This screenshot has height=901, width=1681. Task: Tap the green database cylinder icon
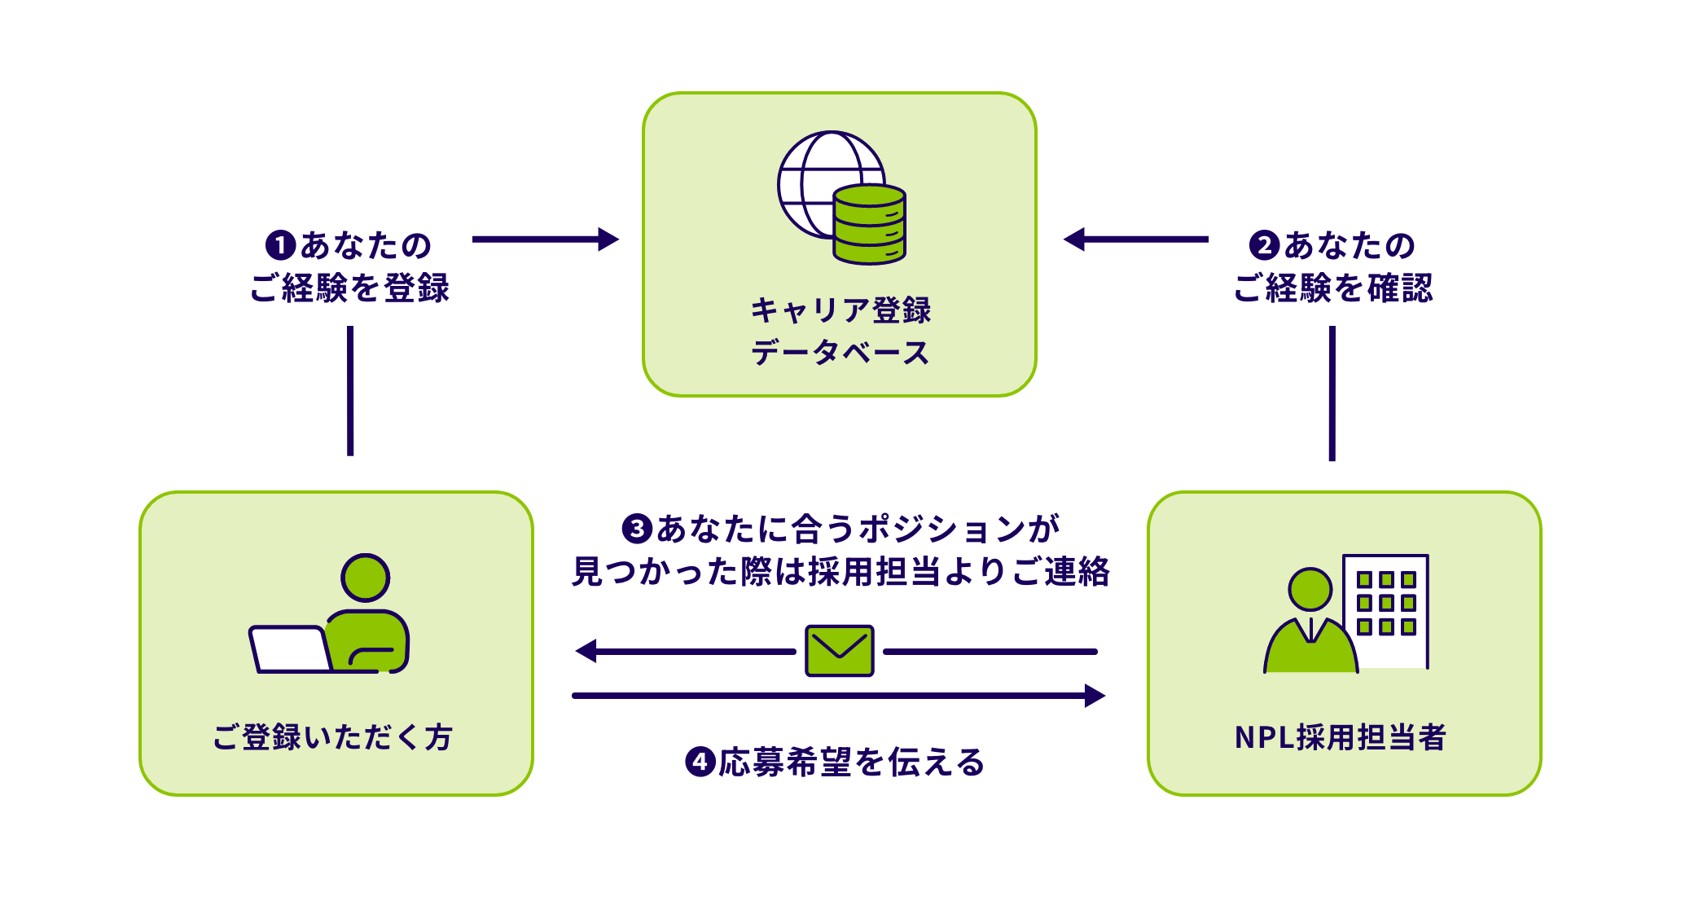click(x=869, y=225)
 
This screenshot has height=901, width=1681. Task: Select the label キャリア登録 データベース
click(x=840, y=332)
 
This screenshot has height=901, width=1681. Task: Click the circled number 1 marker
click(x=280, y=245)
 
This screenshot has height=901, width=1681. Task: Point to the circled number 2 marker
click(x=1264, y=245)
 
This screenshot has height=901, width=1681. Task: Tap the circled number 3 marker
click(x=636, y=529)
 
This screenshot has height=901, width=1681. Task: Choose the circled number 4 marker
click(x=700, y=763)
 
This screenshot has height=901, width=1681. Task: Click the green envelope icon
click(x=839, y=651)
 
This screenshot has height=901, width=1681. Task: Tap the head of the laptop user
click(x=365, y=578)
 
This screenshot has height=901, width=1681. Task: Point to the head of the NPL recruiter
click(x=1310, y=589)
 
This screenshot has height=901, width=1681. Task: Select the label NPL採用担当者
click(x=1340, y=737)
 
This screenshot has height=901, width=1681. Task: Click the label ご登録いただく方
click(x=332, y=737)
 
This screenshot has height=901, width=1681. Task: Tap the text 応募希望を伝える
click(x=851, y=763)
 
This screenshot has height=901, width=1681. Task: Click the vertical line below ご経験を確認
click(x=1332, y=393)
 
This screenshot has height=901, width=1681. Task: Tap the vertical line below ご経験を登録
click(x=350, y=390)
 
